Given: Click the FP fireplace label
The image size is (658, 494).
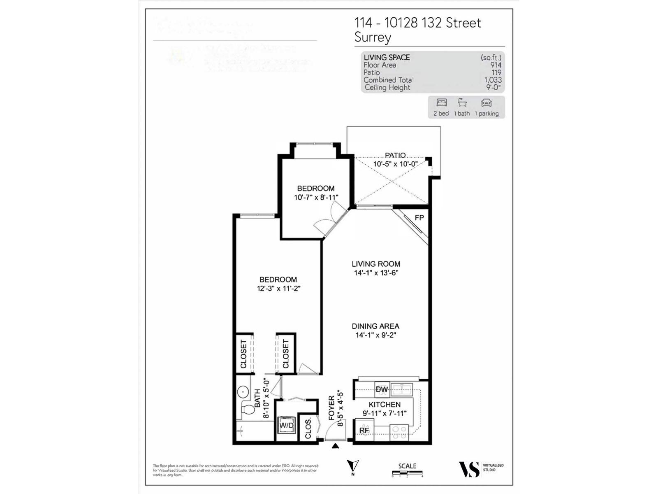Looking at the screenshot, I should pos(419,218).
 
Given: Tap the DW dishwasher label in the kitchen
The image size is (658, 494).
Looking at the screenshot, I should pos(382,389).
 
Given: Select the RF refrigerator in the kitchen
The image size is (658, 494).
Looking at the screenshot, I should pos(364,430).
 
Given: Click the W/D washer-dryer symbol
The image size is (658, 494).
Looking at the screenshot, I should pos(287,425).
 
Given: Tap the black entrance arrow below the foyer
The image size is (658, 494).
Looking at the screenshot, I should pos(336,445).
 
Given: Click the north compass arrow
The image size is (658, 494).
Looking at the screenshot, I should pos(352,466).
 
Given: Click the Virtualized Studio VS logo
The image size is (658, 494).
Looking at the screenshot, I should pos(469,469).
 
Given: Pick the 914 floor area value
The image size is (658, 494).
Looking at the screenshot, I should pos(496,65).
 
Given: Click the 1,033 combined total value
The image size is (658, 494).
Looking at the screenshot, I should pos(493,80).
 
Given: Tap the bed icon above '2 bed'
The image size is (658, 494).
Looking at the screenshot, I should pos(441,103).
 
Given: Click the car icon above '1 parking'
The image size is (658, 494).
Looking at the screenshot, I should pos(486,103).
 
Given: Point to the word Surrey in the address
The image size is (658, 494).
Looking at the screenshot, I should pos(373,37).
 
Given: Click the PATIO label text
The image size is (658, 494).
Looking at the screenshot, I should pos(395,155).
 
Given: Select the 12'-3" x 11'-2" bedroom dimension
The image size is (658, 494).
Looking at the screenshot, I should pos(278,289).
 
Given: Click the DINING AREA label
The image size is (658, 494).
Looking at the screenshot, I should pos(375,326).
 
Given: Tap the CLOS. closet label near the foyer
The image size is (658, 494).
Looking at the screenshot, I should pos(308,429).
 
